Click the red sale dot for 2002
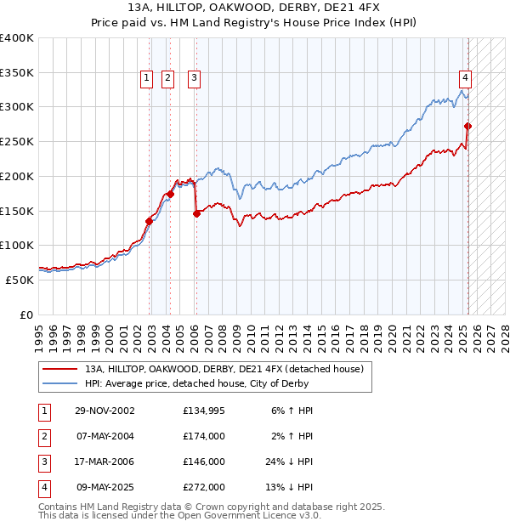(x=150, y=221)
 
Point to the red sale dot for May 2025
(x=468, y=127)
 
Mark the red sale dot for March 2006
(x=196, y=213)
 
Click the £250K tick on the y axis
(x=17, y=141)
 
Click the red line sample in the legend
(x=59, y=369)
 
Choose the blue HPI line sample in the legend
(x=59, y=383)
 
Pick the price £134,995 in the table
(x=204, y=410)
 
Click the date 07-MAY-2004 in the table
(x=105, y=436)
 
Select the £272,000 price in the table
(x=204, y=488)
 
